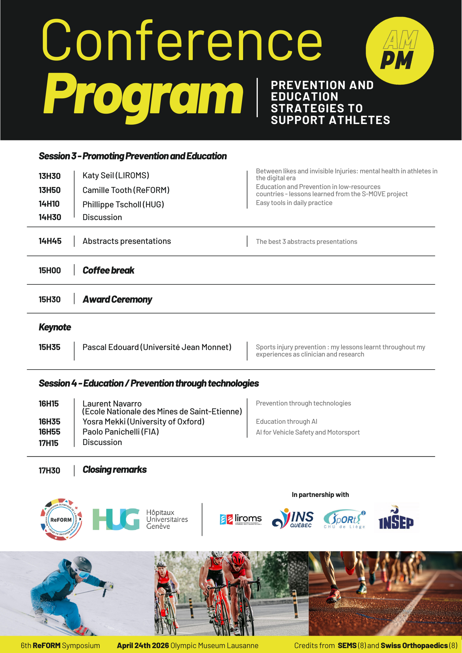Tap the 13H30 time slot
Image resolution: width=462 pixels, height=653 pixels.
click(50, 176)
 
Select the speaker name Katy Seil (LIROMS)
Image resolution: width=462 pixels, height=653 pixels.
click(116, 176)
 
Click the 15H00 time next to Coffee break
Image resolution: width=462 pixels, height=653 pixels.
click(50, 271)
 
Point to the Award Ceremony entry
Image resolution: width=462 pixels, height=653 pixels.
click(117, 299)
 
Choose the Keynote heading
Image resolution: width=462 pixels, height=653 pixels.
click(55, 327)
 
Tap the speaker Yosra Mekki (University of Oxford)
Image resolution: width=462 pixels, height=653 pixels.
click(143, 422)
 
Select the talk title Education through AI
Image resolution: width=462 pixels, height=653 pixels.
click(287, 422)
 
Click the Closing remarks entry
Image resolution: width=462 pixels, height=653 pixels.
click(115, 470)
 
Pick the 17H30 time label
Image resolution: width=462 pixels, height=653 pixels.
click(49, 471)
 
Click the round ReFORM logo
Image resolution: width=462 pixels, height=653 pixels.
click(61, 519)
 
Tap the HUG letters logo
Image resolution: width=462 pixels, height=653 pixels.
click(116, 519)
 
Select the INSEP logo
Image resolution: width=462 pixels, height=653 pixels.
click(396, 519)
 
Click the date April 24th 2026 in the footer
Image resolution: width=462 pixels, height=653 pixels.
click(143, 645)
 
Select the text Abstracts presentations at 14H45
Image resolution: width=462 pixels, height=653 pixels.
click(127, 241)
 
